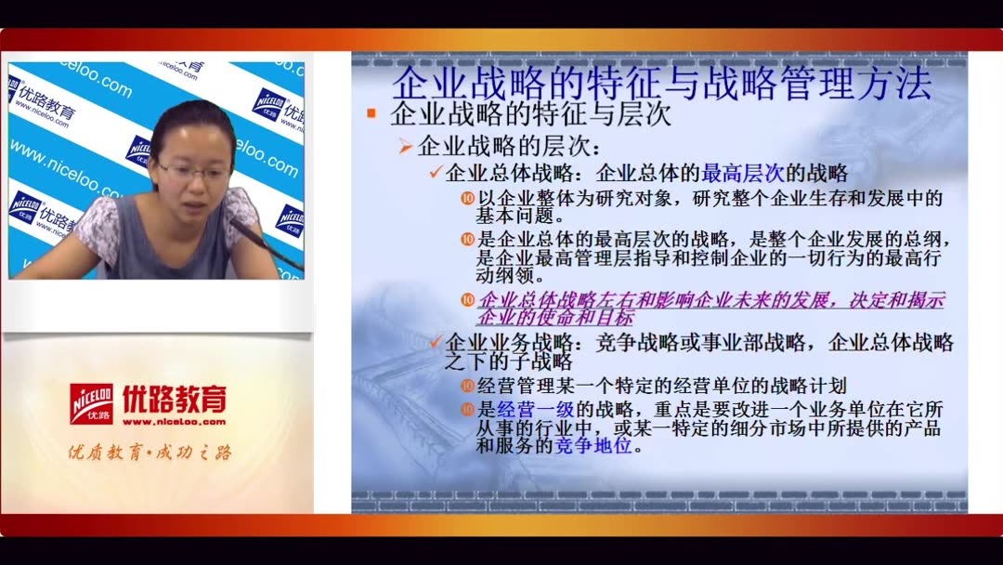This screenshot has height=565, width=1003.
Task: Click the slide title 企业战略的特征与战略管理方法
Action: [x=661, y=83]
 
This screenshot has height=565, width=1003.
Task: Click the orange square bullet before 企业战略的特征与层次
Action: [x=371, y=114]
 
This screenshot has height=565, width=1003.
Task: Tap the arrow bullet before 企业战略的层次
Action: [x=406, y=146]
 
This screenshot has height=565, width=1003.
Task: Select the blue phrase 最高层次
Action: [x=743, y=173]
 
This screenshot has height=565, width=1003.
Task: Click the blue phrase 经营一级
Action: [x=533, y=410]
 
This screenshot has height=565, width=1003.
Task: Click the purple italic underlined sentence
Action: [x=710, y=309]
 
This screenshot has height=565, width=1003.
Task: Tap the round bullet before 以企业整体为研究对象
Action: [x=468, y=198]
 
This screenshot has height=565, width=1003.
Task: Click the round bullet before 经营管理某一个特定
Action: [x=468, y=385]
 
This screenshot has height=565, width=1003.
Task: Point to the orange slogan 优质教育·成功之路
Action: [x=150, y=453]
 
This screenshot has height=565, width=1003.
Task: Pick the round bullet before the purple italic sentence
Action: [x=468, y=299]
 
